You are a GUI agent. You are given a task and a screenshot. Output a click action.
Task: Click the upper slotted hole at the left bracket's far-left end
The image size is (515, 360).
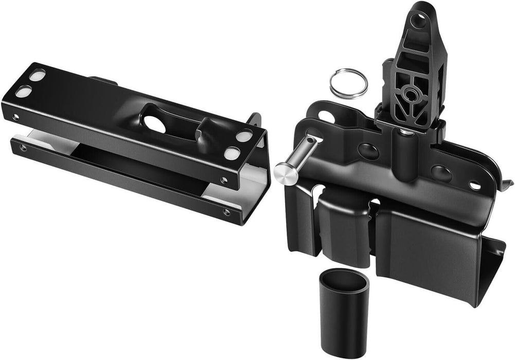coord(37,76)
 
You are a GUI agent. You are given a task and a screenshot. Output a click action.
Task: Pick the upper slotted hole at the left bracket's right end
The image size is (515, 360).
coord(244,137)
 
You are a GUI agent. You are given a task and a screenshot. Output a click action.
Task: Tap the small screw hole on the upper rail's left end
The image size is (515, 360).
coord(15,117)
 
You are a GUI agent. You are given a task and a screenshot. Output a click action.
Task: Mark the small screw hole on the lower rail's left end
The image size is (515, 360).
coord(23,149)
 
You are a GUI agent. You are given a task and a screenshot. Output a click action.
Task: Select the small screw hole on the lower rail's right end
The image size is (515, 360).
coord(227,212)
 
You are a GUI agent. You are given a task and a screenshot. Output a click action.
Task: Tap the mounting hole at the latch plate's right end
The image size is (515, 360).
coord(474,186)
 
